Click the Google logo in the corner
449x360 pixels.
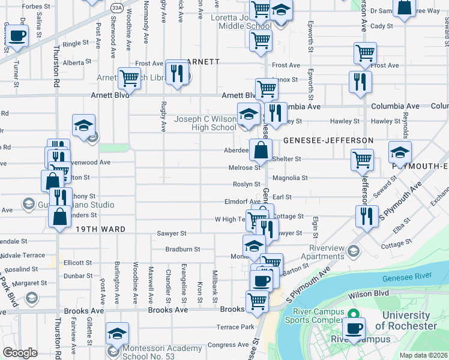pyautogui.click(x=20, y=353)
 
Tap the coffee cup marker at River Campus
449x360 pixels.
pyautogui.click(x=354, y=329)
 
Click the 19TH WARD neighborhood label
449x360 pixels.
pyautogui.click(x=100, y=229)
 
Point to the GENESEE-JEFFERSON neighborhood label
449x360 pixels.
pyautogui.click(x=328, y=140)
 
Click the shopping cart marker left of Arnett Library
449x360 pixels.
pyautogui.click(x=129, y=77)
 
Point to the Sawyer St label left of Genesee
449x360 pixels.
pyautogui.click(x=172, y=233)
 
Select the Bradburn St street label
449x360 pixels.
pyautogui.click(x=184, y=248)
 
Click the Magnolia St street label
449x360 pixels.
pyautogui.click(x=290, y=178)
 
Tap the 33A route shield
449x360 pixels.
pyautogui.click(x=116, y=7)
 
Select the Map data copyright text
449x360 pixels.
pyautogui.click(x=423, y=355)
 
